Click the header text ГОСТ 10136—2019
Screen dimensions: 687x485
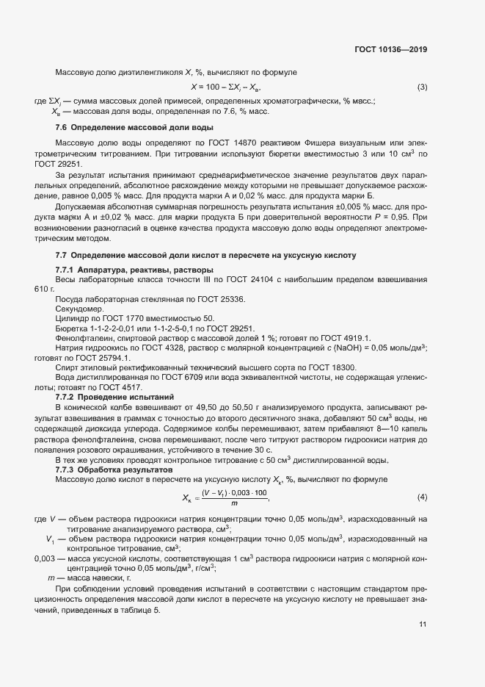pos(390,51)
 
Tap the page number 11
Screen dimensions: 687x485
pos(423,625)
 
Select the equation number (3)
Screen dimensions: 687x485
pos(422,87)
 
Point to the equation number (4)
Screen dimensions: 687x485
pos(422,497)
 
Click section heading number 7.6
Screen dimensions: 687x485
pos(62,128)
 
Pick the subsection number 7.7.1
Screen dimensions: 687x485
pos(67,270)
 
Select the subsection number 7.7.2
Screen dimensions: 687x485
pos(67,396)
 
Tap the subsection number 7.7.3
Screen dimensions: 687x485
pos(67,468)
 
